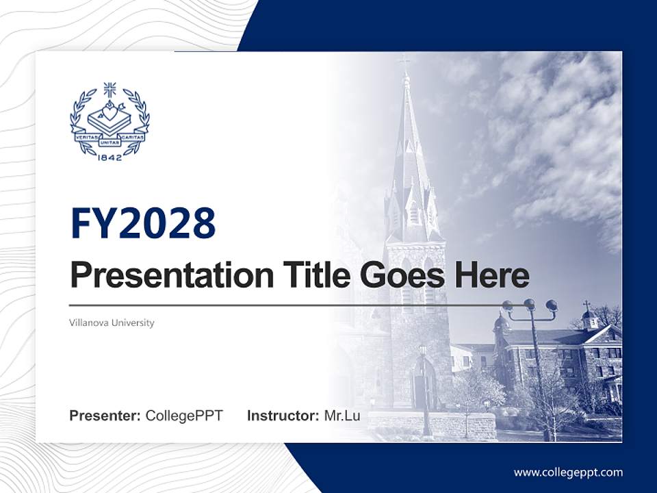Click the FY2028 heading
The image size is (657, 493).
click(143, 223)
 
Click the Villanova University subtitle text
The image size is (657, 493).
click(112, 323)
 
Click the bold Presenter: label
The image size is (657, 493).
click(105, 416)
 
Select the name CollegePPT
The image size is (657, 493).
click(184, 416)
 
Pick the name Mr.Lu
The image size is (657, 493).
click(342, 416)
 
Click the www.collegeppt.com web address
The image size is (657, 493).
click(568, 472)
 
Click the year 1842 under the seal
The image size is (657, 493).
click(109, 157)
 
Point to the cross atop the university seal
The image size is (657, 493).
click(109, 90)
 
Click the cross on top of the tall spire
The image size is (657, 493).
click(405, 64)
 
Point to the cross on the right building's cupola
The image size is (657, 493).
click(587, 305)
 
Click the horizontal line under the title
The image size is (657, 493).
click(287, 305)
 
